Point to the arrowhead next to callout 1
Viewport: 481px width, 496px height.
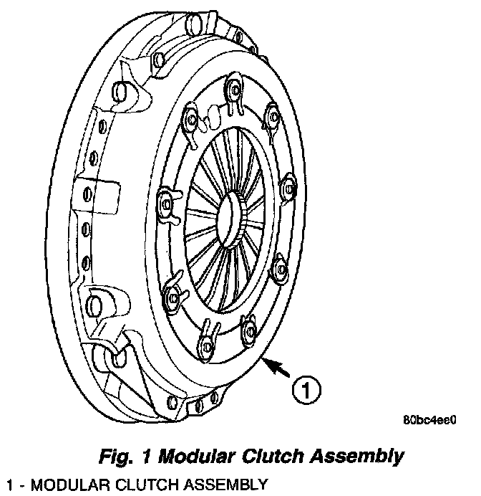268,363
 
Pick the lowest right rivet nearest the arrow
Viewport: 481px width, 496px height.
249,328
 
